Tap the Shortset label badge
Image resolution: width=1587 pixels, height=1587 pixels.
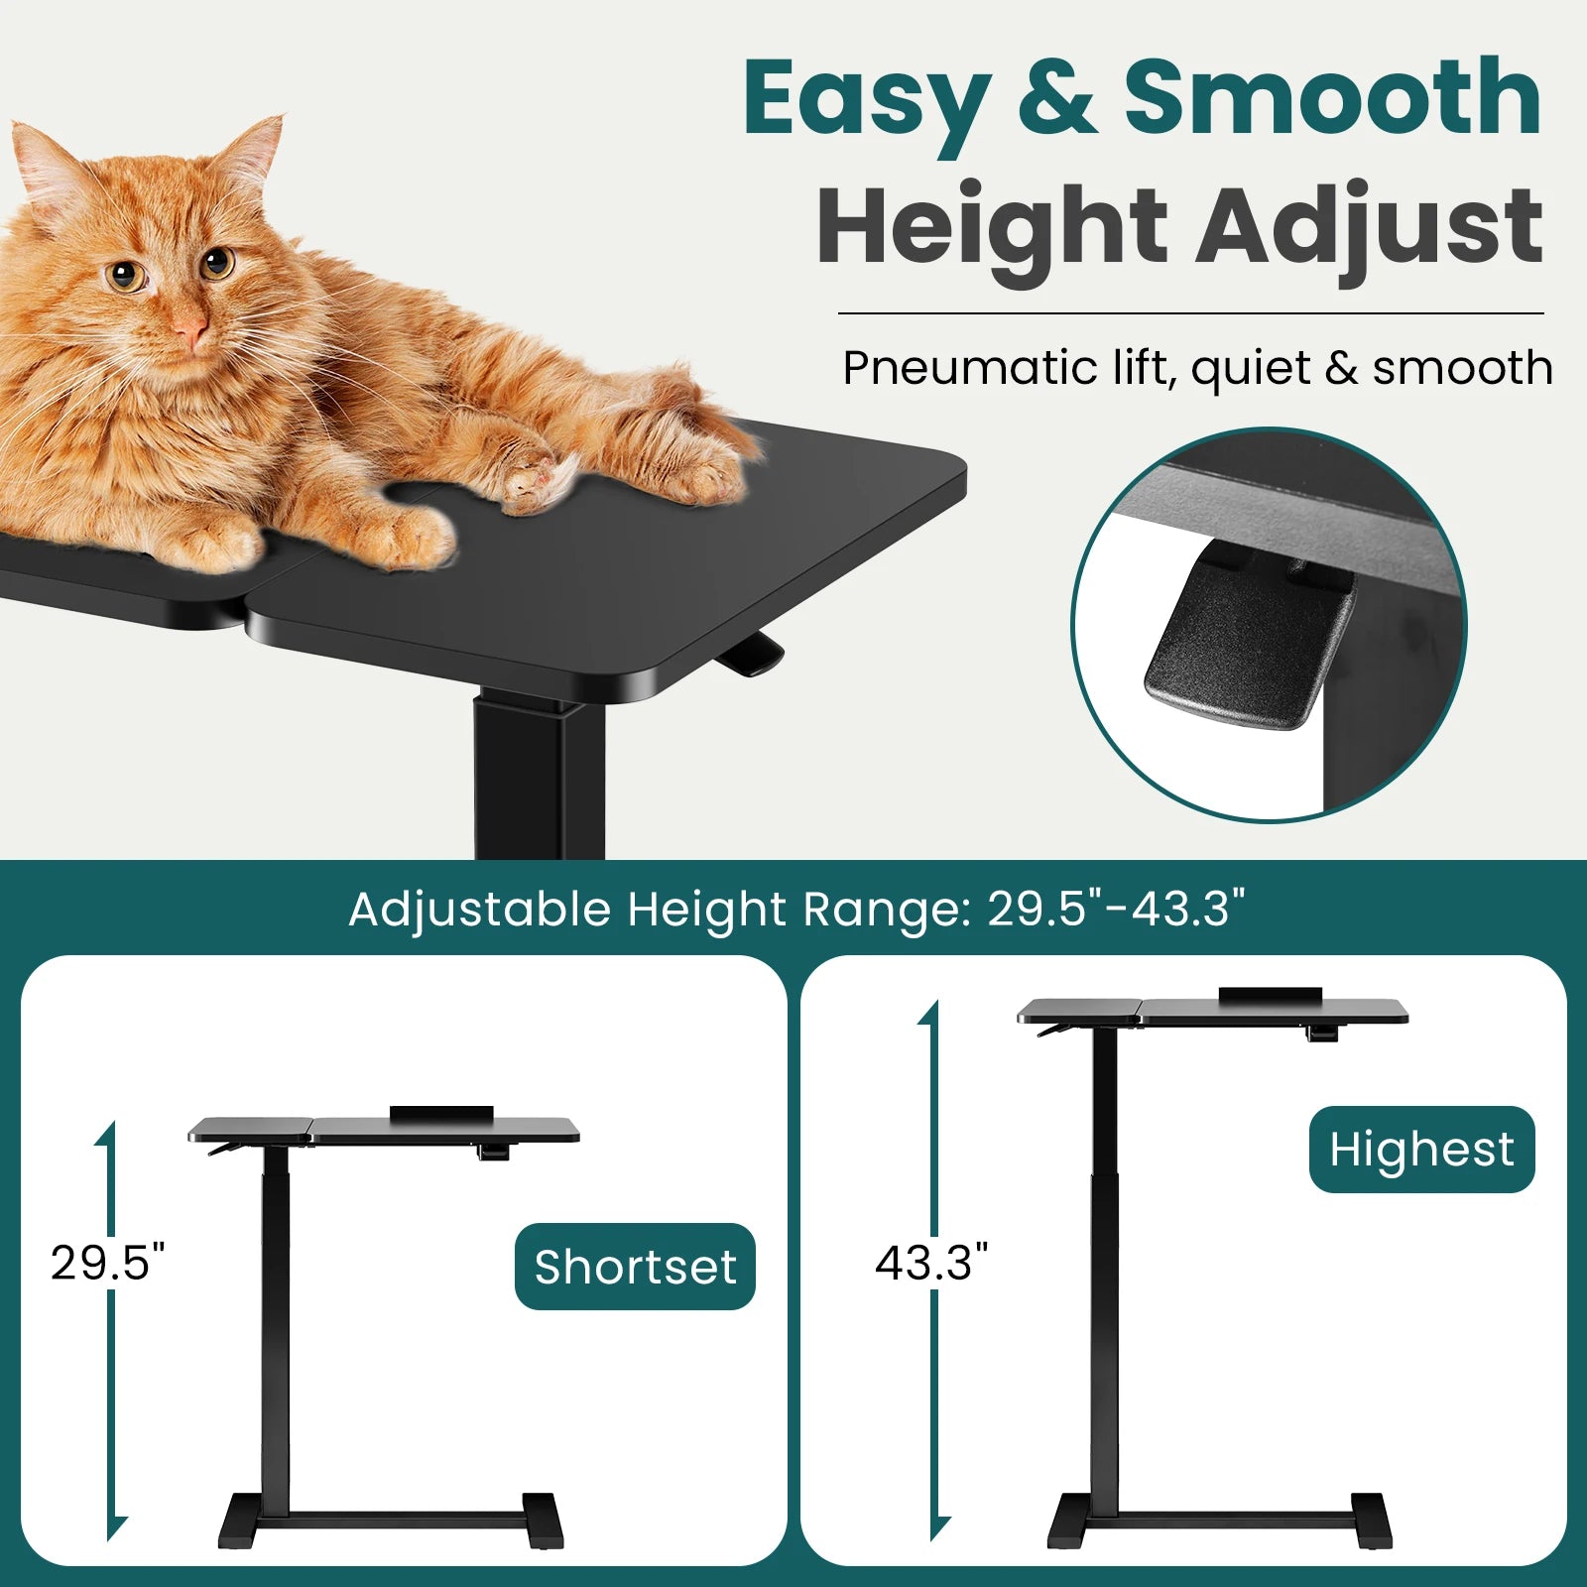pyautogui.click(x=635, y=1267)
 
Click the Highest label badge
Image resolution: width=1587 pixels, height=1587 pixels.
pyautogui.click(x=1421, y=1150)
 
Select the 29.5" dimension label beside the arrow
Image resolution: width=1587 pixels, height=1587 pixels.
pyautogui.click(x=107, y=1263)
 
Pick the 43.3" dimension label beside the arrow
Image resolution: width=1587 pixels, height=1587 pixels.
pyautogui.click(x=931, y=1263)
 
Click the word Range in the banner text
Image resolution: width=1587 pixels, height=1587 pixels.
pyautogui.click(x=886, y=910)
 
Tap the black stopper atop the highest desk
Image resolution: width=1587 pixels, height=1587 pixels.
pyautogui.click(x=1271, y=995)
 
